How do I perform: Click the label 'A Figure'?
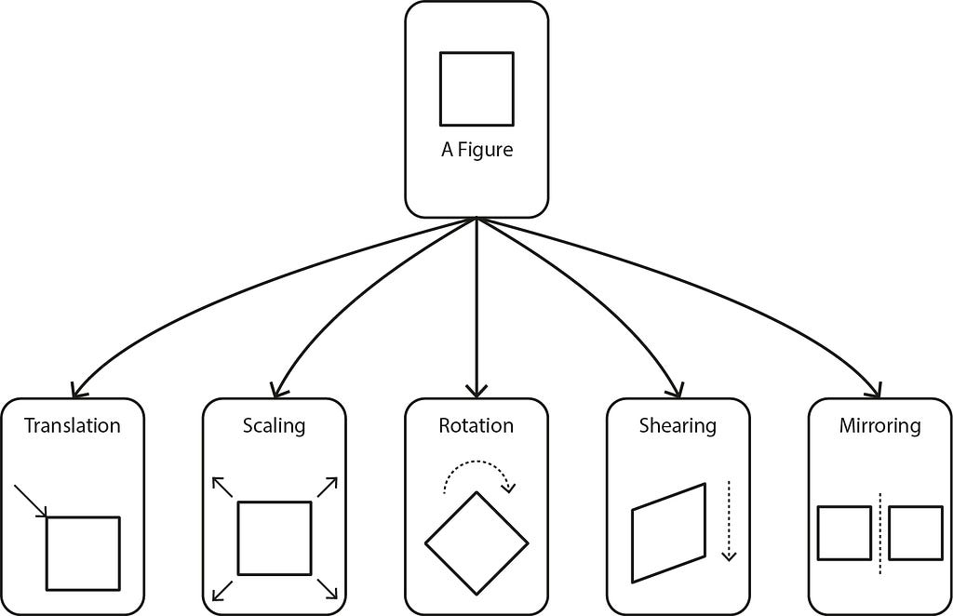point(477,150)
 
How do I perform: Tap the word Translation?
point(73,425)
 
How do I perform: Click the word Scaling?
point(275,426)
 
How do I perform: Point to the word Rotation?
point(476,425)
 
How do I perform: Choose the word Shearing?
point(678,426)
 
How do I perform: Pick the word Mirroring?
point(880,426)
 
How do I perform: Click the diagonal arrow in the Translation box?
point(31,502)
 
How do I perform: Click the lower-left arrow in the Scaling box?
point(222,591)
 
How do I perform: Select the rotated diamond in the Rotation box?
point(450,517)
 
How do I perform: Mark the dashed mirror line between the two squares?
point(880,533)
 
